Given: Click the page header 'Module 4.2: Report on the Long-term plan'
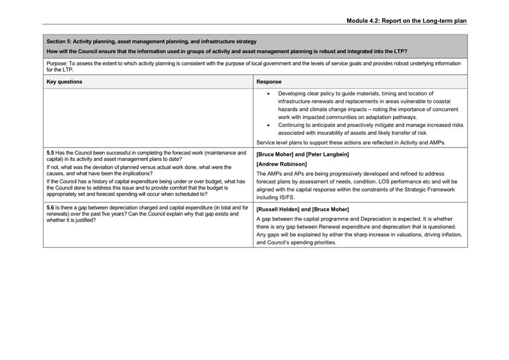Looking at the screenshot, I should click(406, 21).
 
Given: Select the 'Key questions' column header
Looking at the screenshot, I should click(64, 82).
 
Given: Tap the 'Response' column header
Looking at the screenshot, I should click(269, 82).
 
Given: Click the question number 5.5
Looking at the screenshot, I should click(50, 153).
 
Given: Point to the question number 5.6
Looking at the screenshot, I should click(50, 208).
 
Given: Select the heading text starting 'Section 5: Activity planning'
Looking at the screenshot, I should click(152, 41).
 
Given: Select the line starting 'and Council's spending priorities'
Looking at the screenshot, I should click(296, 242).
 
